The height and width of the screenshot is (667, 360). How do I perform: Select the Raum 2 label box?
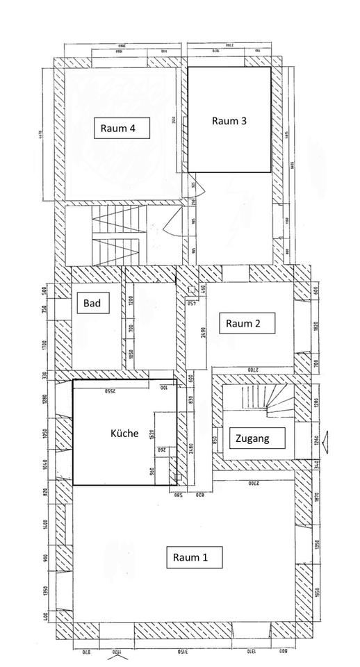tap(247, 323)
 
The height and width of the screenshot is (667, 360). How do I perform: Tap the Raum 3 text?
tap(229, 120)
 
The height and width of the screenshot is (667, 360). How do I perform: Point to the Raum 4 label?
tap(122, 128)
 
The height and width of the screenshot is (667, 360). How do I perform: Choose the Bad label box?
tap(92, 304)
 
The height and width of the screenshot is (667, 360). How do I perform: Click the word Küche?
tap(124, 433)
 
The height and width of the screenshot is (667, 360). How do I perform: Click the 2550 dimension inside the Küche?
tap(110, 391)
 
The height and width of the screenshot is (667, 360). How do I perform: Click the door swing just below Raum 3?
tap(197, 186)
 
